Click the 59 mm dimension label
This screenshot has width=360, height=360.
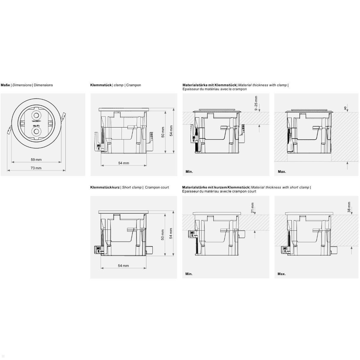[x=36, y=160]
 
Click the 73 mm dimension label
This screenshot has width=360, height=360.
[x=36, y=168]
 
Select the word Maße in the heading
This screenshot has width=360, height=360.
[x=5, y=85]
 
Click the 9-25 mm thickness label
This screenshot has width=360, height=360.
[x=256, y=103]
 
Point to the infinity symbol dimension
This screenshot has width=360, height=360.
[x=346, y=108]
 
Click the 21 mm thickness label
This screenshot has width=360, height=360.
[x=253, y=208]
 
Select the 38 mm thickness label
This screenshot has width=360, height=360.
[x=349, y=207]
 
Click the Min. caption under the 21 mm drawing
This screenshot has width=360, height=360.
[x=189, y=274]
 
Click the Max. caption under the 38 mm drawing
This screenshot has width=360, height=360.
[x=282, y=274]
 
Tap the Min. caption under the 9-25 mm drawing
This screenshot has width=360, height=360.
[x=189, y=172]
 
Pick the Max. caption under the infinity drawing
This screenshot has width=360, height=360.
[x=282, y=172]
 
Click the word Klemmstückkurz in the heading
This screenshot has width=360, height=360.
[x=105, y=187]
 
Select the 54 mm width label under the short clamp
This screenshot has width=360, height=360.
[x=123, y=266]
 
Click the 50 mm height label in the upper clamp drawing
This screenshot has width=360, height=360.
[x=163, y=132]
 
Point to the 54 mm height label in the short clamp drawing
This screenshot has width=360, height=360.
[x=171, y=233]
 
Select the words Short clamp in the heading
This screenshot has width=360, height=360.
[x=132, y=187]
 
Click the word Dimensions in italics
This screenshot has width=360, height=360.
[x=22, y=85]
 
